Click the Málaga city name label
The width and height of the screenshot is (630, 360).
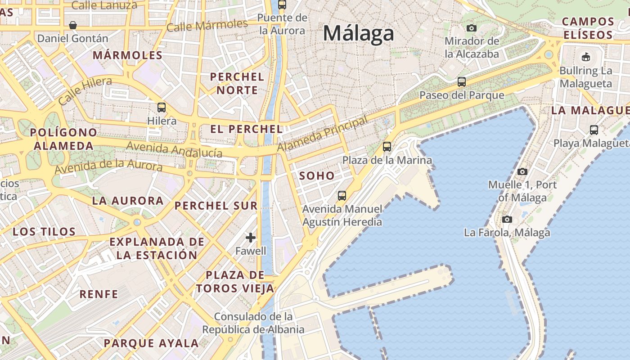(x=358, y=34)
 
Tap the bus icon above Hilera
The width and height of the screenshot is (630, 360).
(x=162, y=108)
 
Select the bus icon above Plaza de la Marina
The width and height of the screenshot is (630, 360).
(x=387, y=147)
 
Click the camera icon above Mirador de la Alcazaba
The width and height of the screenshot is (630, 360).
(x=472, y=28)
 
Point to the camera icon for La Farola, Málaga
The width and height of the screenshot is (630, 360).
(x=507, y=219)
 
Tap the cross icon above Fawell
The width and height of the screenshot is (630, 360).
(x=251, y=237)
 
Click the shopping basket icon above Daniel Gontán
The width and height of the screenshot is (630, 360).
(x=72, y=25)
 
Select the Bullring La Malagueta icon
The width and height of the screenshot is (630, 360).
(x=585, y=57)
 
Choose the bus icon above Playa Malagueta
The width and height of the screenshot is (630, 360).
(x=594, y=130)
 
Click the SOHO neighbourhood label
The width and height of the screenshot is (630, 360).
(x=317, y=176)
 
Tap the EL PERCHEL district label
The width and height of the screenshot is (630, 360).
(x=247, y=129)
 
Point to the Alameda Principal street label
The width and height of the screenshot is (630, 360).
(x=322, y=134)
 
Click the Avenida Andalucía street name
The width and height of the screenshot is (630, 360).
(x=174, y=149)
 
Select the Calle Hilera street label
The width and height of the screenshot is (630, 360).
(x=85, y=91)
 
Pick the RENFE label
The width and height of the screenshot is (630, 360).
(x=99, y=295)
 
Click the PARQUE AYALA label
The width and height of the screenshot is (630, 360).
(x=151, y=343)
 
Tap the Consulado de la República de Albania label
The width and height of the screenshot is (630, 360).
(x=253, y=323)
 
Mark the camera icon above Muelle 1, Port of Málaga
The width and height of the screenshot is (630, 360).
(x=522, y=171)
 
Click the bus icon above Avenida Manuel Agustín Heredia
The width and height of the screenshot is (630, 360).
(x=342, y=196)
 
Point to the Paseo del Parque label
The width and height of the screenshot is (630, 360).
(x=462, y=95)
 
